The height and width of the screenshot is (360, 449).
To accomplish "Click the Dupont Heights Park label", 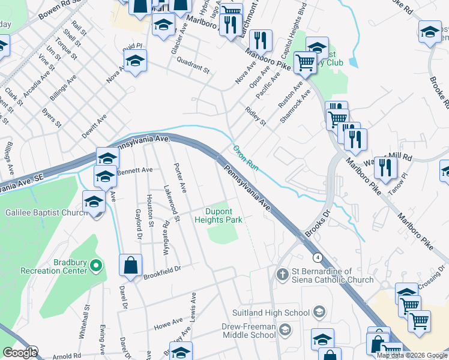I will (x=224, y=215).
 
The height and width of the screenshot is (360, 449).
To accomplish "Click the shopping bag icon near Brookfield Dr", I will (x=130, y=265).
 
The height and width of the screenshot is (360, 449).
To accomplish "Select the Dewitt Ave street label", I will (x=94, y=127).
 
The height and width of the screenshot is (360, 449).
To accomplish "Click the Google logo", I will (x=20, y=353).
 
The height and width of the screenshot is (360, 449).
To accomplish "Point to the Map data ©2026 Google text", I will (x=412, y=355).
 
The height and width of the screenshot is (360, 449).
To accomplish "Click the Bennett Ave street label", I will (x=136, y=170).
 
